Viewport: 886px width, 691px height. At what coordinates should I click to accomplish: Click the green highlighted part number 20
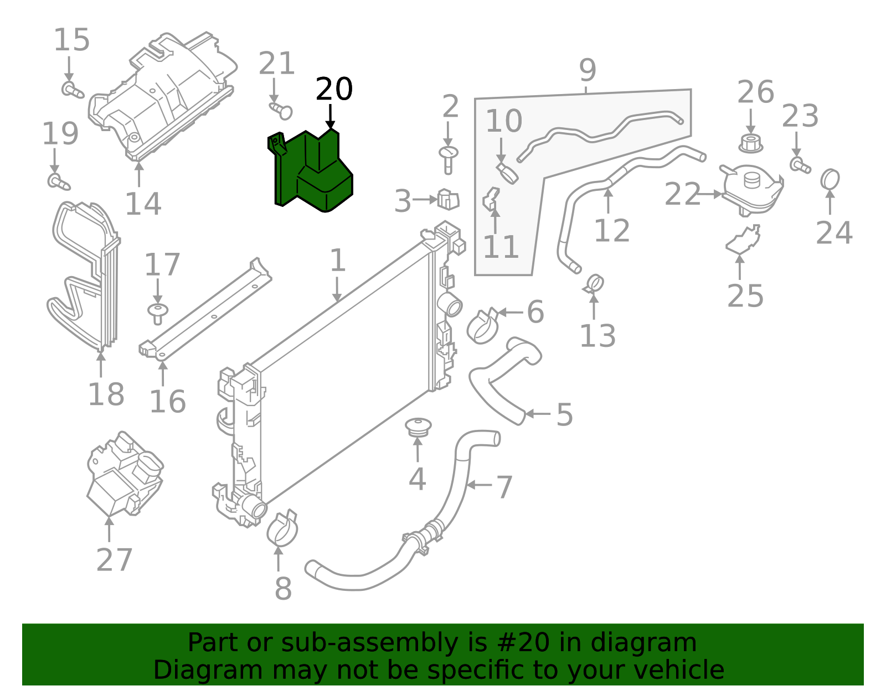point(313,172)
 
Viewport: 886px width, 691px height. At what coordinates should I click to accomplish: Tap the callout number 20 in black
point(334,89)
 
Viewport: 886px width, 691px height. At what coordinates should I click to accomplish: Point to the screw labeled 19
point(58,181)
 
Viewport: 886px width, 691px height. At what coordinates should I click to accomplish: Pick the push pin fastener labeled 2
point(448,158)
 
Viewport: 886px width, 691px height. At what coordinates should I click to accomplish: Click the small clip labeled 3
point(448,200)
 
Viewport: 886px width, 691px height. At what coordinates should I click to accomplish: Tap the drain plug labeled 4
point(418,427)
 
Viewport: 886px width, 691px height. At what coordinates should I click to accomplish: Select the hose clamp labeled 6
point(482,326)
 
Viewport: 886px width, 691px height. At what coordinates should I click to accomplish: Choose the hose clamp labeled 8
point(282,529)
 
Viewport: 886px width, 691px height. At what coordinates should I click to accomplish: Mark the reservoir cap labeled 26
point(750,143)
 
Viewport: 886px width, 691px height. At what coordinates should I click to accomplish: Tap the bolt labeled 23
point(800,165)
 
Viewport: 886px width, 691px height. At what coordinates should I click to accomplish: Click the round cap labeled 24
point(830,180)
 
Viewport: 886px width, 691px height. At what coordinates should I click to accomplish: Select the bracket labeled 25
point(743,241)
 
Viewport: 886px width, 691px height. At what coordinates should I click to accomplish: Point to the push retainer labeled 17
point(158,313)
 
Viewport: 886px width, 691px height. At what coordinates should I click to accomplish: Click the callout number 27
point(114,560)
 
